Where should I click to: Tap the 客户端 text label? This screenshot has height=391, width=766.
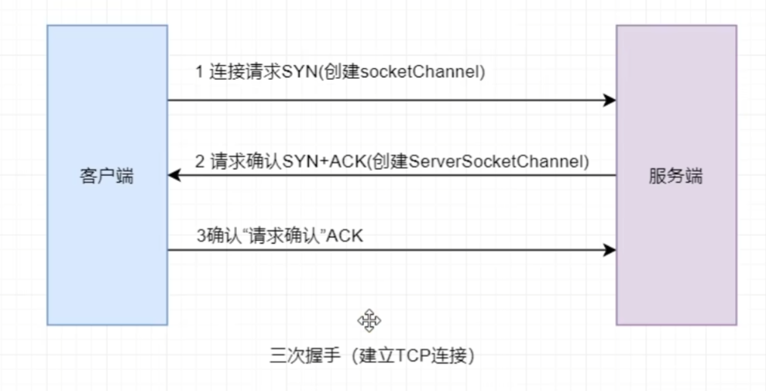[x=107, y=176]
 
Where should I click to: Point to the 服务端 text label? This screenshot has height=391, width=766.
[x=675, y=176]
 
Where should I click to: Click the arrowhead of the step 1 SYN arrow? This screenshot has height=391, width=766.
[x=610, y=101]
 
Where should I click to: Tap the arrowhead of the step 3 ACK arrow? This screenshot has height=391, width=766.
[x=610, y=250]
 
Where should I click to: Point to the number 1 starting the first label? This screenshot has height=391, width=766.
[x=199, y=72]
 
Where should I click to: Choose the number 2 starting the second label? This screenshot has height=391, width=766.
[x=199, y=162]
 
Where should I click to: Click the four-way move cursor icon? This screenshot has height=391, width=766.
[x=369, y=320]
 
